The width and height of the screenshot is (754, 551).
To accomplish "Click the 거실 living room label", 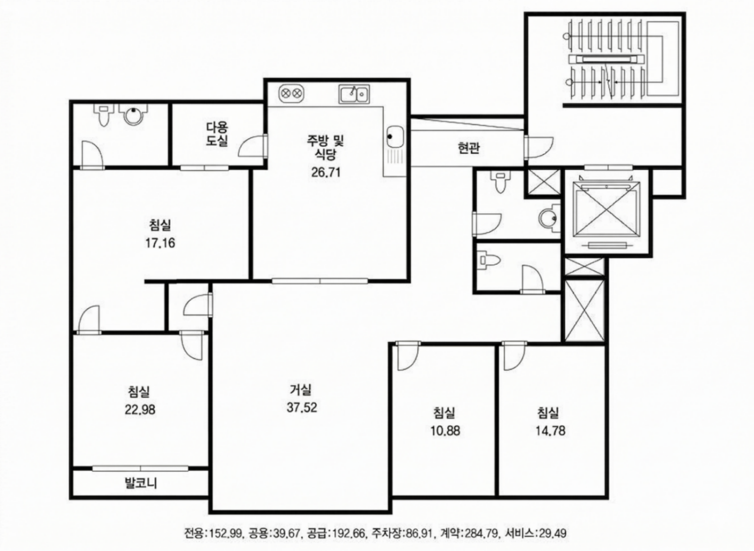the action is (x=300, y=390).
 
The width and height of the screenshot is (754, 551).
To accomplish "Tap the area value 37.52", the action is (x=302, y=408).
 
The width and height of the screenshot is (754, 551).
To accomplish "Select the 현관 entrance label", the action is (x=468, y=148).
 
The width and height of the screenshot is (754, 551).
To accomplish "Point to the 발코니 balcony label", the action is (x=141, y=483).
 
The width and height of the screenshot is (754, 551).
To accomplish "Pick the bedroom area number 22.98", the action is (x=140, y=410).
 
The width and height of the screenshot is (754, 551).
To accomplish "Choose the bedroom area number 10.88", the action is (x=445, y=431).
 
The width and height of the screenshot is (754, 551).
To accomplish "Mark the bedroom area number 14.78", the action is (x=550, y=431).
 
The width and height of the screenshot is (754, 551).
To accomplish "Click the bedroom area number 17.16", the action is (x=160, y=243).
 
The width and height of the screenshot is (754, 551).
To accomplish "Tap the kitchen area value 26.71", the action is (x=326, y=172).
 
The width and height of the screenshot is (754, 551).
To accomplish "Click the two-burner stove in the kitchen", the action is (x=291, y=93).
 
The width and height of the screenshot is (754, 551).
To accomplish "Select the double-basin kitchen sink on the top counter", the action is (x=354, y=94).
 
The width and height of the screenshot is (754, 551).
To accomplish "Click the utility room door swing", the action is (x=253, y=146).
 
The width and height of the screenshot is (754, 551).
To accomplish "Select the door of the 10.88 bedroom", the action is (x=408, y=356).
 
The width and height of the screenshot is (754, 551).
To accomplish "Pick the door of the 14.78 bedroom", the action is (x=514, y=356).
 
